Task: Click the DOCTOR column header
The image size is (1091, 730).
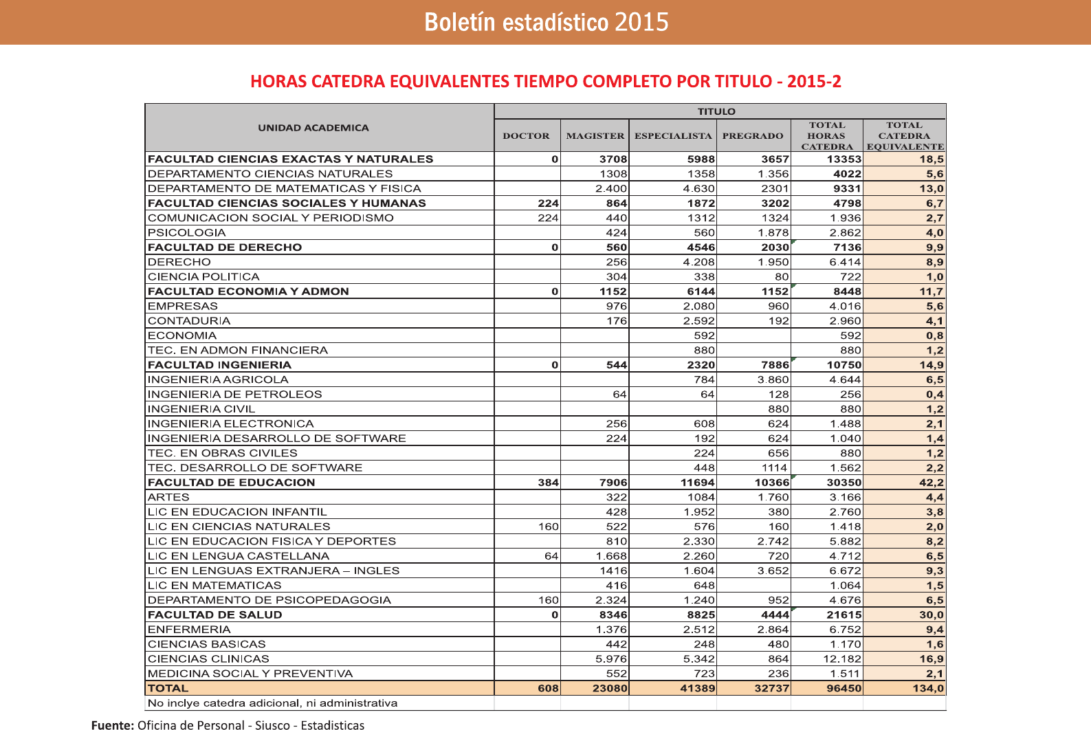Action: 526,136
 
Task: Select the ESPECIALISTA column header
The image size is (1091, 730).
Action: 673,136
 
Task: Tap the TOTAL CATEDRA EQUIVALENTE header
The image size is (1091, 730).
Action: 905,136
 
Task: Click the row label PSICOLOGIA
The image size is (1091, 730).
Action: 187,233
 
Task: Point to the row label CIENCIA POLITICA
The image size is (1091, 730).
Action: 203,277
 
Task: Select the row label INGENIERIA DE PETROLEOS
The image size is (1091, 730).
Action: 235,395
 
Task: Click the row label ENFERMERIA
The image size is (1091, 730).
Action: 189,630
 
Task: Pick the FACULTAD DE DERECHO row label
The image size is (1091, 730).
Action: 225,247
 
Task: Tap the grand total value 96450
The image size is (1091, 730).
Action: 844,689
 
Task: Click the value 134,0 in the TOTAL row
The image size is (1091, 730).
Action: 928,689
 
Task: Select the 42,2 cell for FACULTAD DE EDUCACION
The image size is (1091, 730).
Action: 932,483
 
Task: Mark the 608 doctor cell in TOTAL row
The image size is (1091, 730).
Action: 548,689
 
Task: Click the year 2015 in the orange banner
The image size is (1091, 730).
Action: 641,22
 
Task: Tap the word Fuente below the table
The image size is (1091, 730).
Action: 112,725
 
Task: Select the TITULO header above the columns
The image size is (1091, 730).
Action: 716,111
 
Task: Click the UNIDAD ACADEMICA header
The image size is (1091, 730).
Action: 313,128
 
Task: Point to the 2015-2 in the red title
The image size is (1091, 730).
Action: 814,82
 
